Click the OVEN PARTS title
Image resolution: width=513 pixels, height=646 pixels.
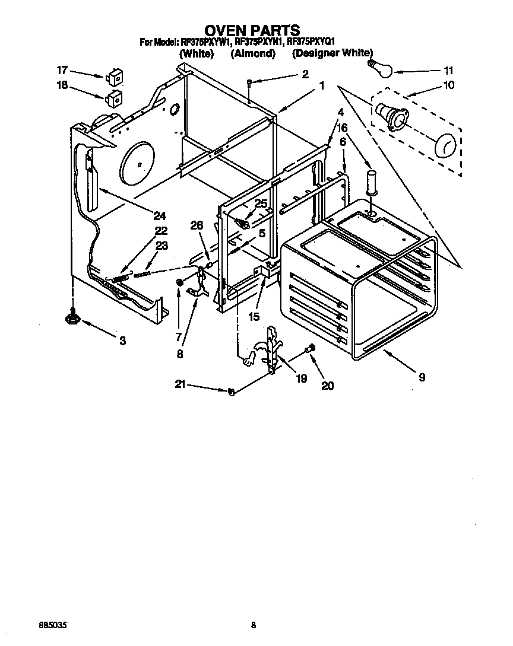pyautogui.click(x=252, y=30)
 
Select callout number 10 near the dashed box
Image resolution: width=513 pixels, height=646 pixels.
pyautogui.click(x=448, y=85)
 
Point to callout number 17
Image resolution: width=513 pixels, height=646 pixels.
pyautogui.click(x=62, y=69)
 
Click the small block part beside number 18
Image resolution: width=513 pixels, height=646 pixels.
pyautogui.click(x=114, y=97)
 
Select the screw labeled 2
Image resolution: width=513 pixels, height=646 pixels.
pyautogui.click(x=251, y=83)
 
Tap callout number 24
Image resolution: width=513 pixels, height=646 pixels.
pyautogui.click(x=159, y=215)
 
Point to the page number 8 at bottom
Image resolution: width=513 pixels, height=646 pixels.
pyautogui.click(x=254, y=625)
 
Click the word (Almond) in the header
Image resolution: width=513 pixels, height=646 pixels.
pyautogui.click(x=252, y=53)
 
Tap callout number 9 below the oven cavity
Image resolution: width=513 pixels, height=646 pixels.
pyautogui.click(x=421, y=377)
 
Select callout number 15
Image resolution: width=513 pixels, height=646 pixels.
pyautogui.click(x=254, y=316)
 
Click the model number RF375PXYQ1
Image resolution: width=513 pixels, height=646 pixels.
pyautogui.click(x=311, y=42)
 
